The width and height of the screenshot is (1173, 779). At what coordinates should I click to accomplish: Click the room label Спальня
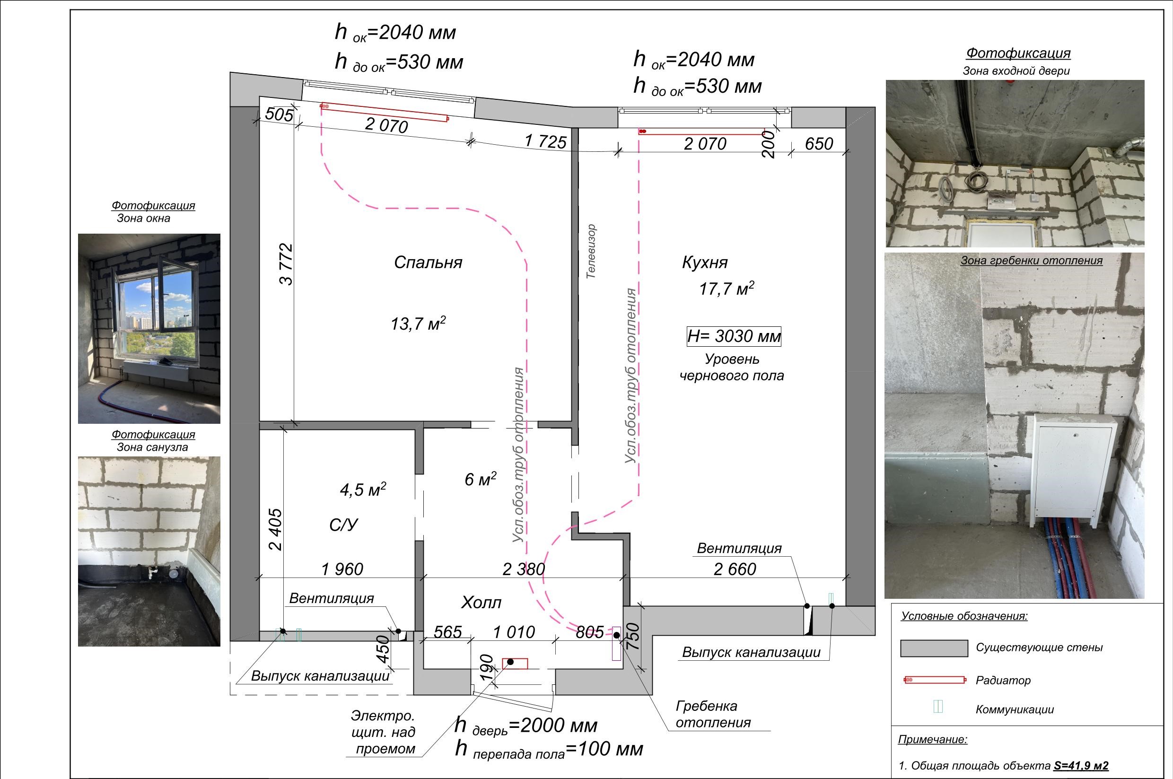tap(428, 263)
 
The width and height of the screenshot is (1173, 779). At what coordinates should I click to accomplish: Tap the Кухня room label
tap(704, 263)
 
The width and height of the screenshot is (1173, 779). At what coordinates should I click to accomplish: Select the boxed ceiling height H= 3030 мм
tap(734, 336)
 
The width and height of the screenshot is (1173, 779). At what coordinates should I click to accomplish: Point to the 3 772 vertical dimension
tap(286, 264)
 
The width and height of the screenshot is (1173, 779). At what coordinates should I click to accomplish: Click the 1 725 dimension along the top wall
tap(545, 141)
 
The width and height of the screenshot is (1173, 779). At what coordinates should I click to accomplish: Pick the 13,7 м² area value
tap(418, 324)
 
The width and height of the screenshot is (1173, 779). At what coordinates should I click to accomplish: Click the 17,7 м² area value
tap(727, 288)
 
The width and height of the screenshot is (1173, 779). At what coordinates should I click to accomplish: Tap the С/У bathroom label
tap(343, 525)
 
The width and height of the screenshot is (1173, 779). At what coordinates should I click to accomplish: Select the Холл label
tap(481, 603)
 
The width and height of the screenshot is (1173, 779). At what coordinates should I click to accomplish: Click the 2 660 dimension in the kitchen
tap(735, 569)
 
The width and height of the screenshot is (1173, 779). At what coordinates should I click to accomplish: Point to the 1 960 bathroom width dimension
tap(342, 569)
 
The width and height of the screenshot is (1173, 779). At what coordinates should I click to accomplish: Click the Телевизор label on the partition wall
tap(591, 251)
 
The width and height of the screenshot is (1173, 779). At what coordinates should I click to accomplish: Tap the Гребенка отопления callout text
tap(713, 714)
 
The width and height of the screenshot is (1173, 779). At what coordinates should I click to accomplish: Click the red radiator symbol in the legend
tap(935, 680)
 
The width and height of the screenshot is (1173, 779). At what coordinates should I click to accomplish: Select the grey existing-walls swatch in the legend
tap(934, 648)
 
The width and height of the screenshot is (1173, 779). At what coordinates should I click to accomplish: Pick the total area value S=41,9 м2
tap(1081, 766)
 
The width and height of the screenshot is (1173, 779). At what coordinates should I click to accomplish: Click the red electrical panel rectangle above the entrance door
tap(515, 663)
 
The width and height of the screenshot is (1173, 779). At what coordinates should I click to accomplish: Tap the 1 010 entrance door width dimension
tap(514, 632)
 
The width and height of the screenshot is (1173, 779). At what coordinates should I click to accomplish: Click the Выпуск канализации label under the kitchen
tap(751, 652)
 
